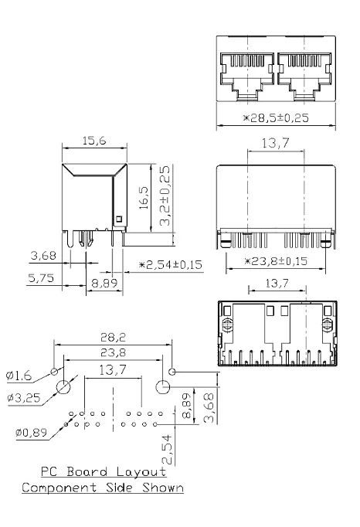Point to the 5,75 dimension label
pos(42,278)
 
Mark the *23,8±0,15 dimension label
pos(276,261)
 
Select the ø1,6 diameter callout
pos(19,376)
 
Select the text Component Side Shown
pos(103,488)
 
